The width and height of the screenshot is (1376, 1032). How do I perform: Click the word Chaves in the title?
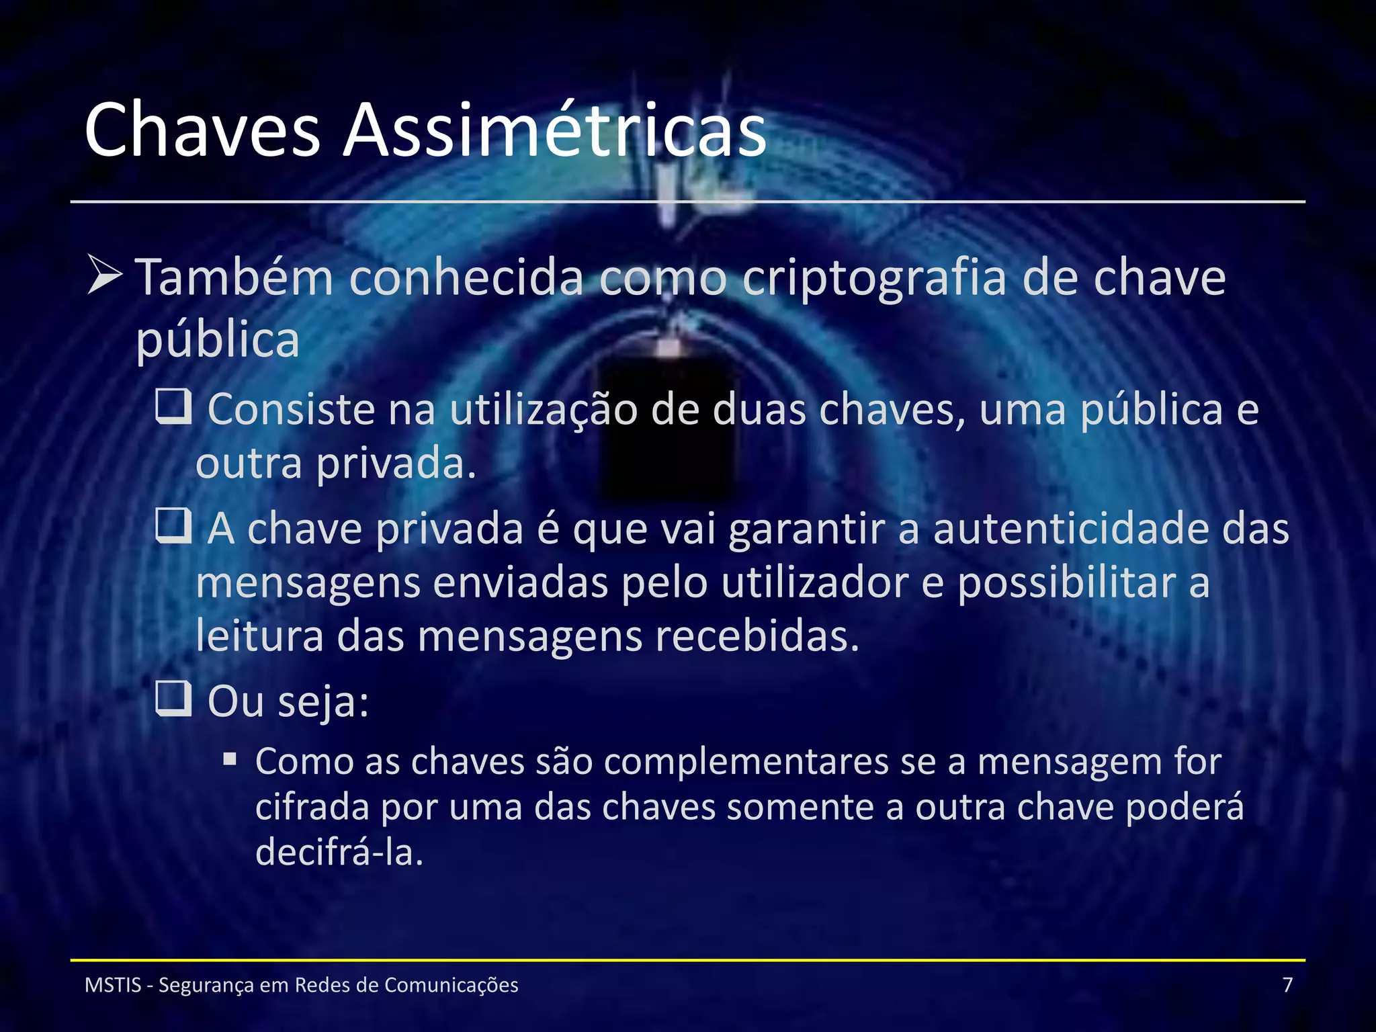pos(202,130)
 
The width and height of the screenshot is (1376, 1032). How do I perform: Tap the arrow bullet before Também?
pos(105,275)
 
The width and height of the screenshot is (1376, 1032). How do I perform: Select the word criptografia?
pos(874,279)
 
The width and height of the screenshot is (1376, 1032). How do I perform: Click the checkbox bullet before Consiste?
pos(173,407)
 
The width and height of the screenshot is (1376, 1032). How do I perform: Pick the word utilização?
pos(543,411)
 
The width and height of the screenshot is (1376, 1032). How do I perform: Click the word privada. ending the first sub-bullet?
pos(396,464)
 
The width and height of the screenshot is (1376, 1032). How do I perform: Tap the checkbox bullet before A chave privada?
pos(173,526)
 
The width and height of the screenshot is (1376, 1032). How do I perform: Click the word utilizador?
pos(814,583)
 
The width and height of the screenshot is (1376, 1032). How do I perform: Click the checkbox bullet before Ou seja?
pos(173,699)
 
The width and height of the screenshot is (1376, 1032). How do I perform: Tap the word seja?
pos(323,702)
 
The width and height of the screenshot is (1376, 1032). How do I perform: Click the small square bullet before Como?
pos(230,760)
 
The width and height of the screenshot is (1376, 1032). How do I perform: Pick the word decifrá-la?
pos(339,853)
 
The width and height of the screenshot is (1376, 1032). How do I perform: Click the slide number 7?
pos(1287,985)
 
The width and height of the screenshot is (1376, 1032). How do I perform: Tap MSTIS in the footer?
pos(113,985)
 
